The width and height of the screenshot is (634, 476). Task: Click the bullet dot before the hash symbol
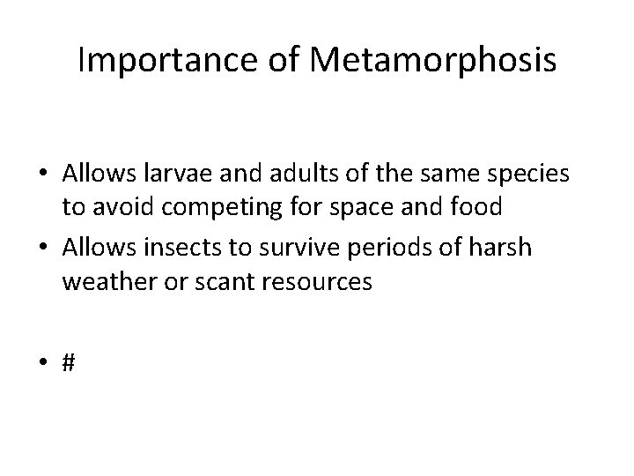pyautogui.click(x=44, y=362)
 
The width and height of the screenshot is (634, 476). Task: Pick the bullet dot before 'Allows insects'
pyautogui.click(x=44, y=249)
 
